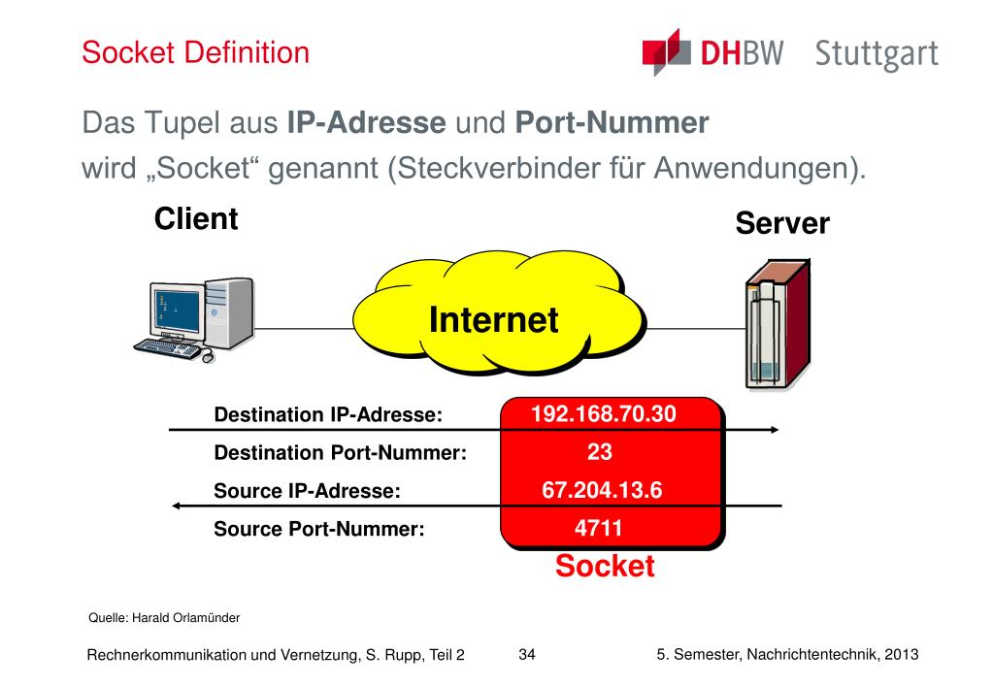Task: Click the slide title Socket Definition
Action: tap(195, 51)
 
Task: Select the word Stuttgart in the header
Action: tap(877, 54)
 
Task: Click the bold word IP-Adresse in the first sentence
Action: tap(366, 123)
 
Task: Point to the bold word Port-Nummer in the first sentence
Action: tap(612, 123)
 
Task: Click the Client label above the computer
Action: tap(196, 218)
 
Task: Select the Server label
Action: tap(781, 224)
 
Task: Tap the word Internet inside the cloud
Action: tap(494, 319)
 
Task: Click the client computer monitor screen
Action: tap(173, 311)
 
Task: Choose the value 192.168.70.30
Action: tap(603, 414)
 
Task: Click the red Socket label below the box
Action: tap(605, 567)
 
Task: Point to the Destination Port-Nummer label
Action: tap(341, 453)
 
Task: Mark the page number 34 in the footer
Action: tap(527, 654)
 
